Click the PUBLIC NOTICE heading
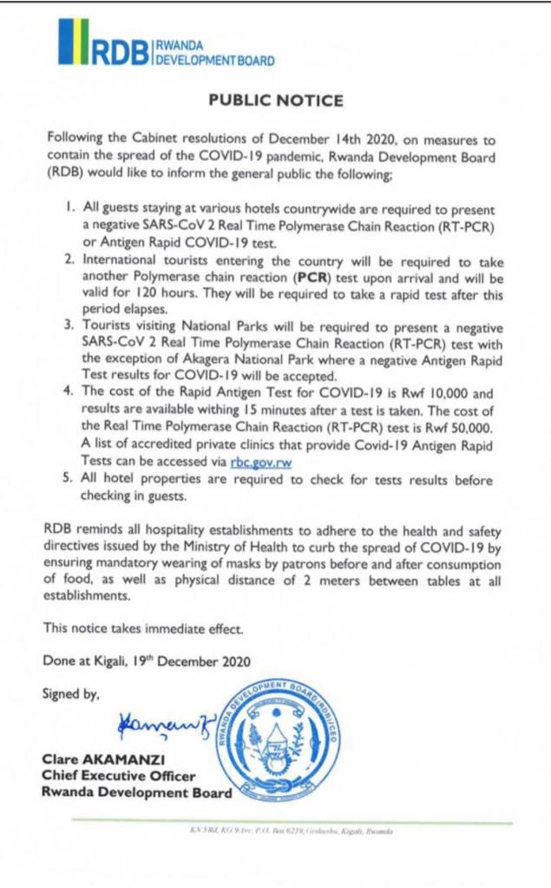tap(276, 101)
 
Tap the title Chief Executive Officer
tap(119, 776)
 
